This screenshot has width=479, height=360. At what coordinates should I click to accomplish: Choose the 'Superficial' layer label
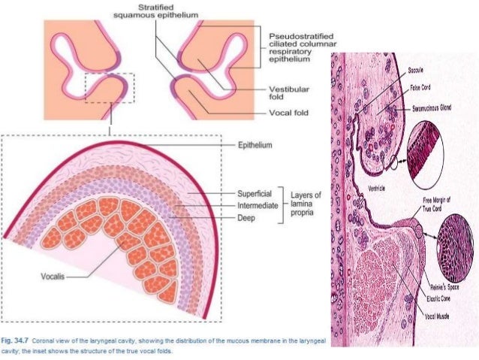(255, 192)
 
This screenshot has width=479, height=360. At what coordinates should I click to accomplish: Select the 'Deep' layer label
(246, 218)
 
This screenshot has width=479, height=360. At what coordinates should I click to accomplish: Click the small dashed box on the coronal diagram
(110, 89)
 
